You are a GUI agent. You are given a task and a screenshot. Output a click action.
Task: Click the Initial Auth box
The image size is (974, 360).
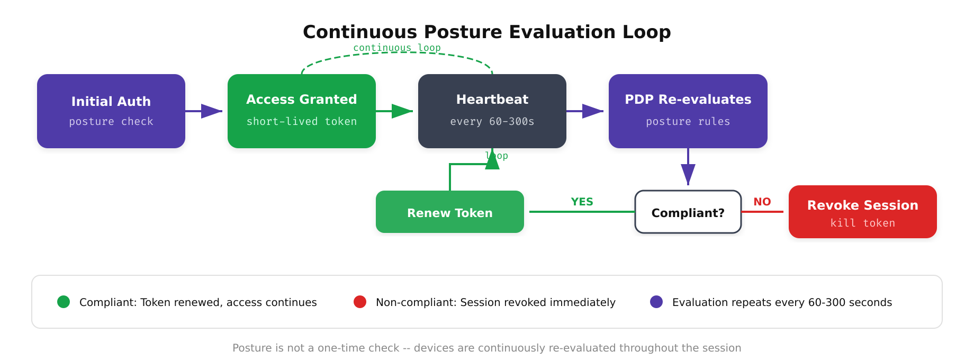pyautogui.click(x=111, y=111)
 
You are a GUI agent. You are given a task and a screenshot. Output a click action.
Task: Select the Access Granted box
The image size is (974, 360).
pyautogui.click(x=302, y=111)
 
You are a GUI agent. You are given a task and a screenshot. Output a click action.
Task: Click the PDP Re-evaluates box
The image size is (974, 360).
pyautogui.click(x=688, y=111)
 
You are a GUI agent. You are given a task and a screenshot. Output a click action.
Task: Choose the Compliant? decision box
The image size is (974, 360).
pyautogui.click(x=688, y=212)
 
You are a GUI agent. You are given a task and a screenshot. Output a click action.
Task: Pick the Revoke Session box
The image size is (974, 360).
pyautogui.click(x=863, y=212)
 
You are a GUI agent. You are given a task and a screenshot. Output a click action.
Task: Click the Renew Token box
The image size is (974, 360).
pyautogui.click(x=450, y=212)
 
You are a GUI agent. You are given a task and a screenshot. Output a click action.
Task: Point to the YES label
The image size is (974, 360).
pyautogui.click(x=582, y=202)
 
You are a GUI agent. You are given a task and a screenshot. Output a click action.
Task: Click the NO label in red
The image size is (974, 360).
pyautogui.click(x=762, y=202)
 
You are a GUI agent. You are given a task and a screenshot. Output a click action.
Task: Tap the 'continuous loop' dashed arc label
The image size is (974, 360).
pyautogui.click(x=397, y=48)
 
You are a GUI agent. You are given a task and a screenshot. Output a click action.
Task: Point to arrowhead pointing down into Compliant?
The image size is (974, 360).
pyautogui.click(x=688, y=174)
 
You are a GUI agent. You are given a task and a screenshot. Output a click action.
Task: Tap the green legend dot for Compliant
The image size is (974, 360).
pyautogui.click(x=64, y=302)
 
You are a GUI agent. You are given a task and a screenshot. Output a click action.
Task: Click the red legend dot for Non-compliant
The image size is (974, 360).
pyautogui.click(x=360, y=302)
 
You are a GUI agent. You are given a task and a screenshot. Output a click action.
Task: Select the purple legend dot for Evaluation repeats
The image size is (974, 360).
pyautogui.click(x=656, y=302)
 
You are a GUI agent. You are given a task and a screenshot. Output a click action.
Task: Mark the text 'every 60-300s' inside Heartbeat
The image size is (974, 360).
pyautogui.click(x=492, y=122)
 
